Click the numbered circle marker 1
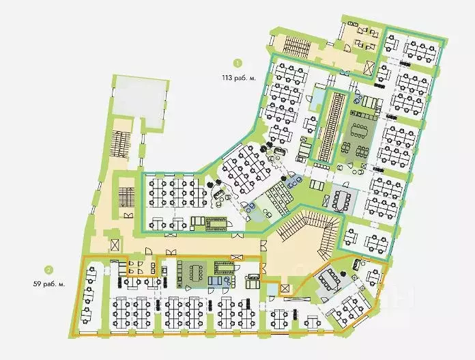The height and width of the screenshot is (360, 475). pyautogui.click(x=237, y=63)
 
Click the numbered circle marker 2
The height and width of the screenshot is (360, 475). pyautogui.click(x=48, y=268)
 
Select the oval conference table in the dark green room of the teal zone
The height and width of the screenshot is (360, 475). pyautogui.click(x=360, y=132)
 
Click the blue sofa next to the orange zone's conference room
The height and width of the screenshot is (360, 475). pyautogui.click(x=217, y=281)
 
